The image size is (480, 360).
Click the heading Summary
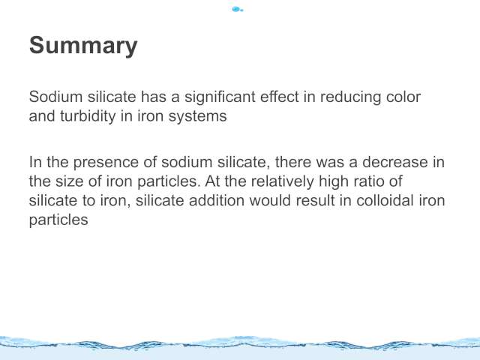83,46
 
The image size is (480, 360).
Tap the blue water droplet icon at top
238,10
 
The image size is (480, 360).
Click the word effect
280,97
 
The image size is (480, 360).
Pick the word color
403,97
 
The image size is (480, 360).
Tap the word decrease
395,162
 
